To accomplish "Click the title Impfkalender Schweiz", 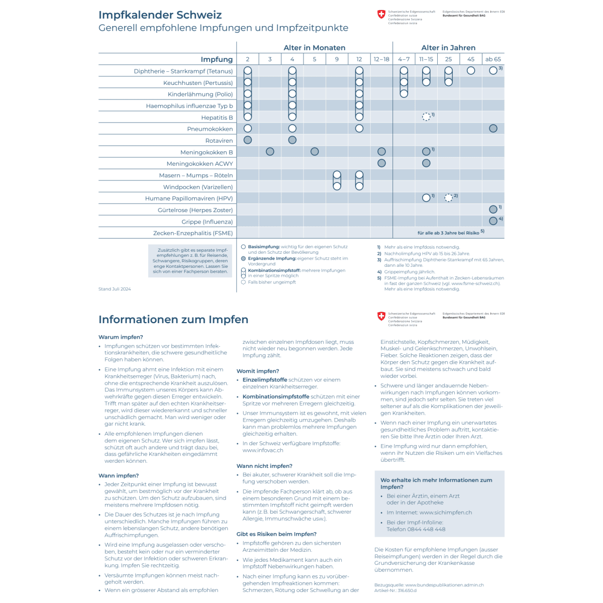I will pyautogui.click(x=160, y=15).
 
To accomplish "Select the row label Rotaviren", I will pyautogui.click(x=219, y=141).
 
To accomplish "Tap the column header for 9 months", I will pyautogui.click(x=337, y=59).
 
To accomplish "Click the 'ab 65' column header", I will pyautogui.click(x=493, y=59).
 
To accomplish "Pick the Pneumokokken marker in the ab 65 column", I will pyautogui.click(x=493, y=129).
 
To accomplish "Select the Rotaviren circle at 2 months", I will pyautogui.click(x=248, y=140).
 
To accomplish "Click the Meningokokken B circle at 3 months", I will pyautogui.click(x=270, y=151).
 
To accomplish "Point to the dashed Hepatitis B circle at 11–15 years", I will pyautogui.click(x=426, y=117).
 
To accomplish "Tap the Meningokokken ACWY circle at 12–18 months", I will pyautogui.click(x=381, y=163).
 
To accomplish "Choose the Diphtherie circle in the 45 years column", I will pyautogui.click(x=471, y=71).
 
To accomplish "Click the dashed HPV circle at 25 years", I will pyautogui.click(x=448, y=198).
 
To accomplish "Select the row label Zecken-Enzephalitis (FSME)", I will pyautogui.click(x=193, y=233).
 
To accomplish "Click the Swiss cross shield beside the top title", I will pyautogui.click(x=381, y=15).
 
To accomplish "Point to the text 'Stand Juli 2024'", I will pyautogui.click(x=115, y=289).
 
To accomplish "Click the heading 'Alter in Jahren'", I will pyautogui.click(x=448, y=48).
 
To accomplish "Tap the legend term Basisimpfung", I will pyautogui.click(x=264, y=247).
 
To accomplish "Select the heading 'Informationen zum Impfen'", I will pyautogui.click(x=173, y=320).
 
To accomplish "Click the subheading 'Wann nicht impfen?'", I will pyautogui.click(x=264, y=466).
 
